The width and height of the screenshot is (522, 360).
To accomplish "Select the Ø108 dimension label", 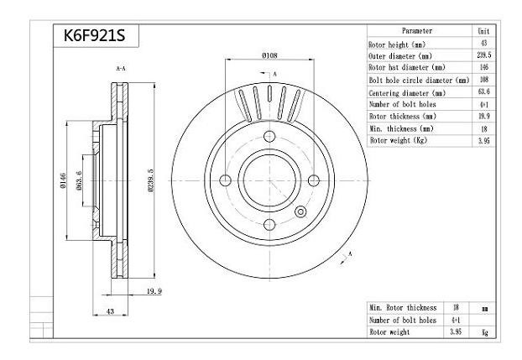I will pos(269,56).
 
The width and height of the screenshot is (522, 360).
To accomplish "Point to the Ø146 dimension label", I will pos(61,180).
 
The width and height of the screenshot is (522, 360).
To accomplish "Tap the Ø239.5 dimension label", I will pos(152,180).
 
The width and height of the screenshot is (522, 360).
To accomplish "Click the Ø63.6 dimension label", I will pos(79,180).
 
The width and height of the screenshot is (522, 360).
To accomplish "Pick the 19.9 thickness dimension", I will pos(154,291).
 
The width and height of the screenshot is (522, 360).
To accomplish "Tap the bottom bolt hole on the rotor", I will pos(269,223).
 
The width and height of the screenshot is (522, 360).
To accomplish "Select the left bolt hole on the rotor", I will pos(226,180).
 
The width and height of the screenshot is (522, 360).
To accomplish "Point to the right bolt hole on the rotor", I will pos(313,180).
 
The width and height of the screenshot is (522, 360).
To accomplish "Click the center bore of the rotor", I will pos(269,180).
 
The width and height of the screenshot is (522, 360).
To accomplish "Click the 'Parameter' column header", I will pos(417,30).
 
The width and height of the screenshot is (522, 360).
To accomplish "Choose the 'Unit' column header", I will pos(483,30).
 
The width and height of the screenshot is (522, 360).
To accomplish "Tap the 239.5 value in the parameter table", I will pos(483,55).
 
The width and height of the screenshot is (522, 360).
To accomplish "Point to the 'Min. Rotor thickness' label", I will pos(402,308).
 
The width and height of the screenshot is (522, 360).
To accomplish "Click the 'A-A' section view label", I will pos(120,68).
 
